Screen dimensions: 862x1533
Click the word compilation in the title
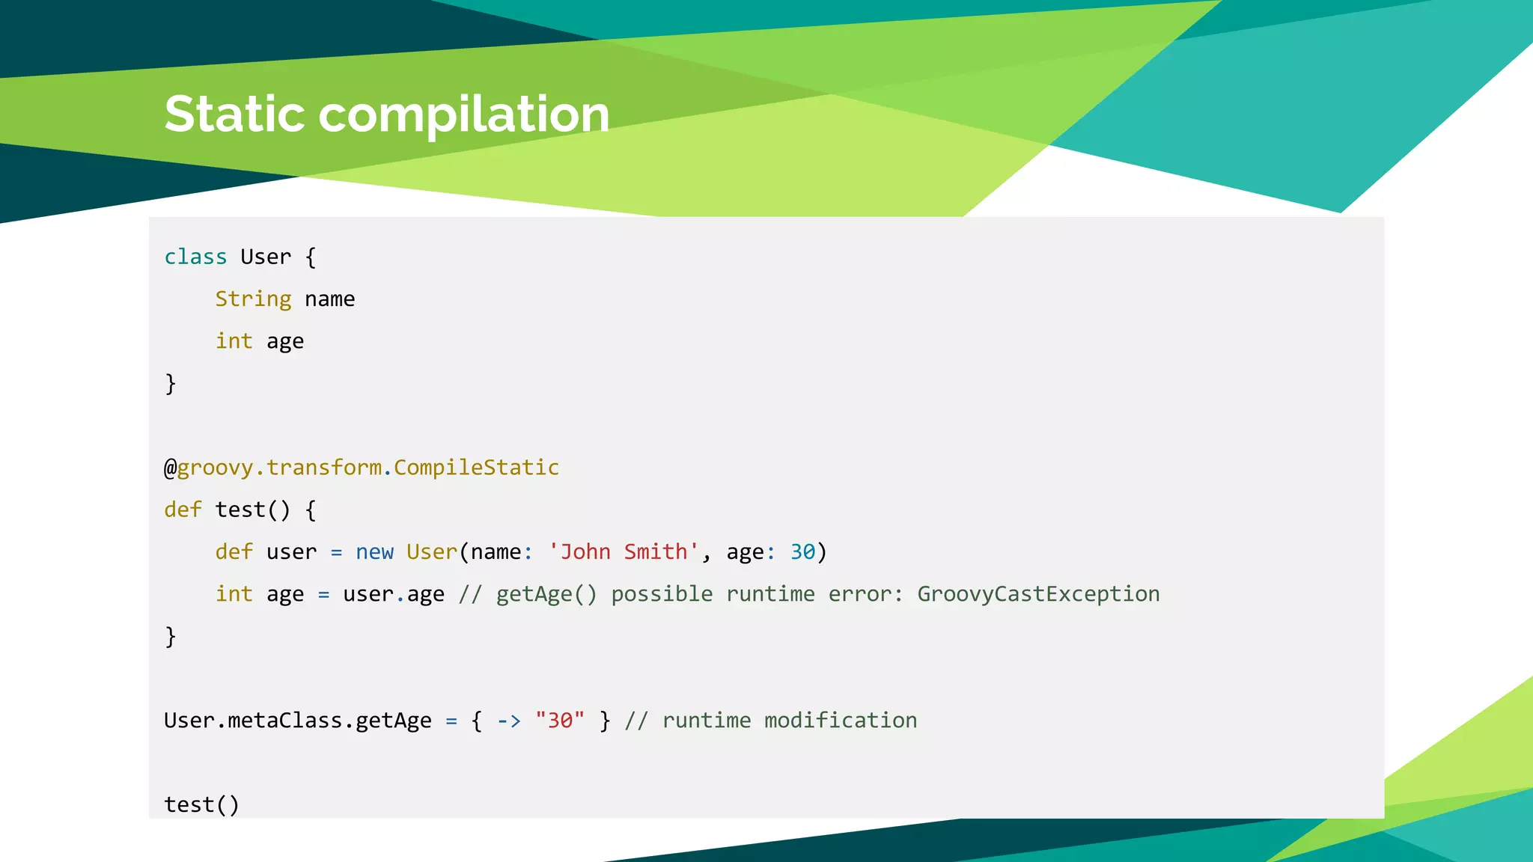tap(464, 116)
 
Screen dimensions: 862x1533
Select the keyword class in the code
tap(195, 257)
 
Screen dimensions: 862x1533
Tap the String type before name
tap(253, 299)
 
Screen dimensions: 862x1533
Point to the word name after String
tap(329, 299)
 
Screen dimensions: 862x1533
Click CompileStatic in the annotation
tap(476, 468)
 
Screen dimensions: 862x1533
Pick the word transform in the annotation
tap(324, 468)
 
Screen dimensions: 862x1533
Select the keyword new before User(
tap(374, 552)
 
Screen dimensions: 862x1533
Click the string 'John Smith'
tap(624, 552)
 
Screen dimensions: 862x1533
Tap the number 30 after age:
tap(802, 552)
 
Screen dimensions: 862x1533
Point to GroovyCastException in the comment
tap(1038, 594)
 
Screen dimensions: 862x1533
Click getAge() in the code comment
tap(546, 594)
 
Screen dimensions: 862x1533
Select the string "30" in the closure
tap(560, 721)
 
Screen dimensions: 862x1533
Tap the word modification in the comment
tap(840, 721)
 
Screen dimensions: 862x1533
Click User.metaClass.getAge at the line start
tap(298, 721)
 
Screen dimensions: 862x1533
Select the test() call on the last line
tap(201, 805)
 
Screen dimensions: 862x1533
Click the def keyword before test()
tap(183, 510)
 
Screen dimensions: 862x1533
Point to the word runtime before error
tap(770, 594)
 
